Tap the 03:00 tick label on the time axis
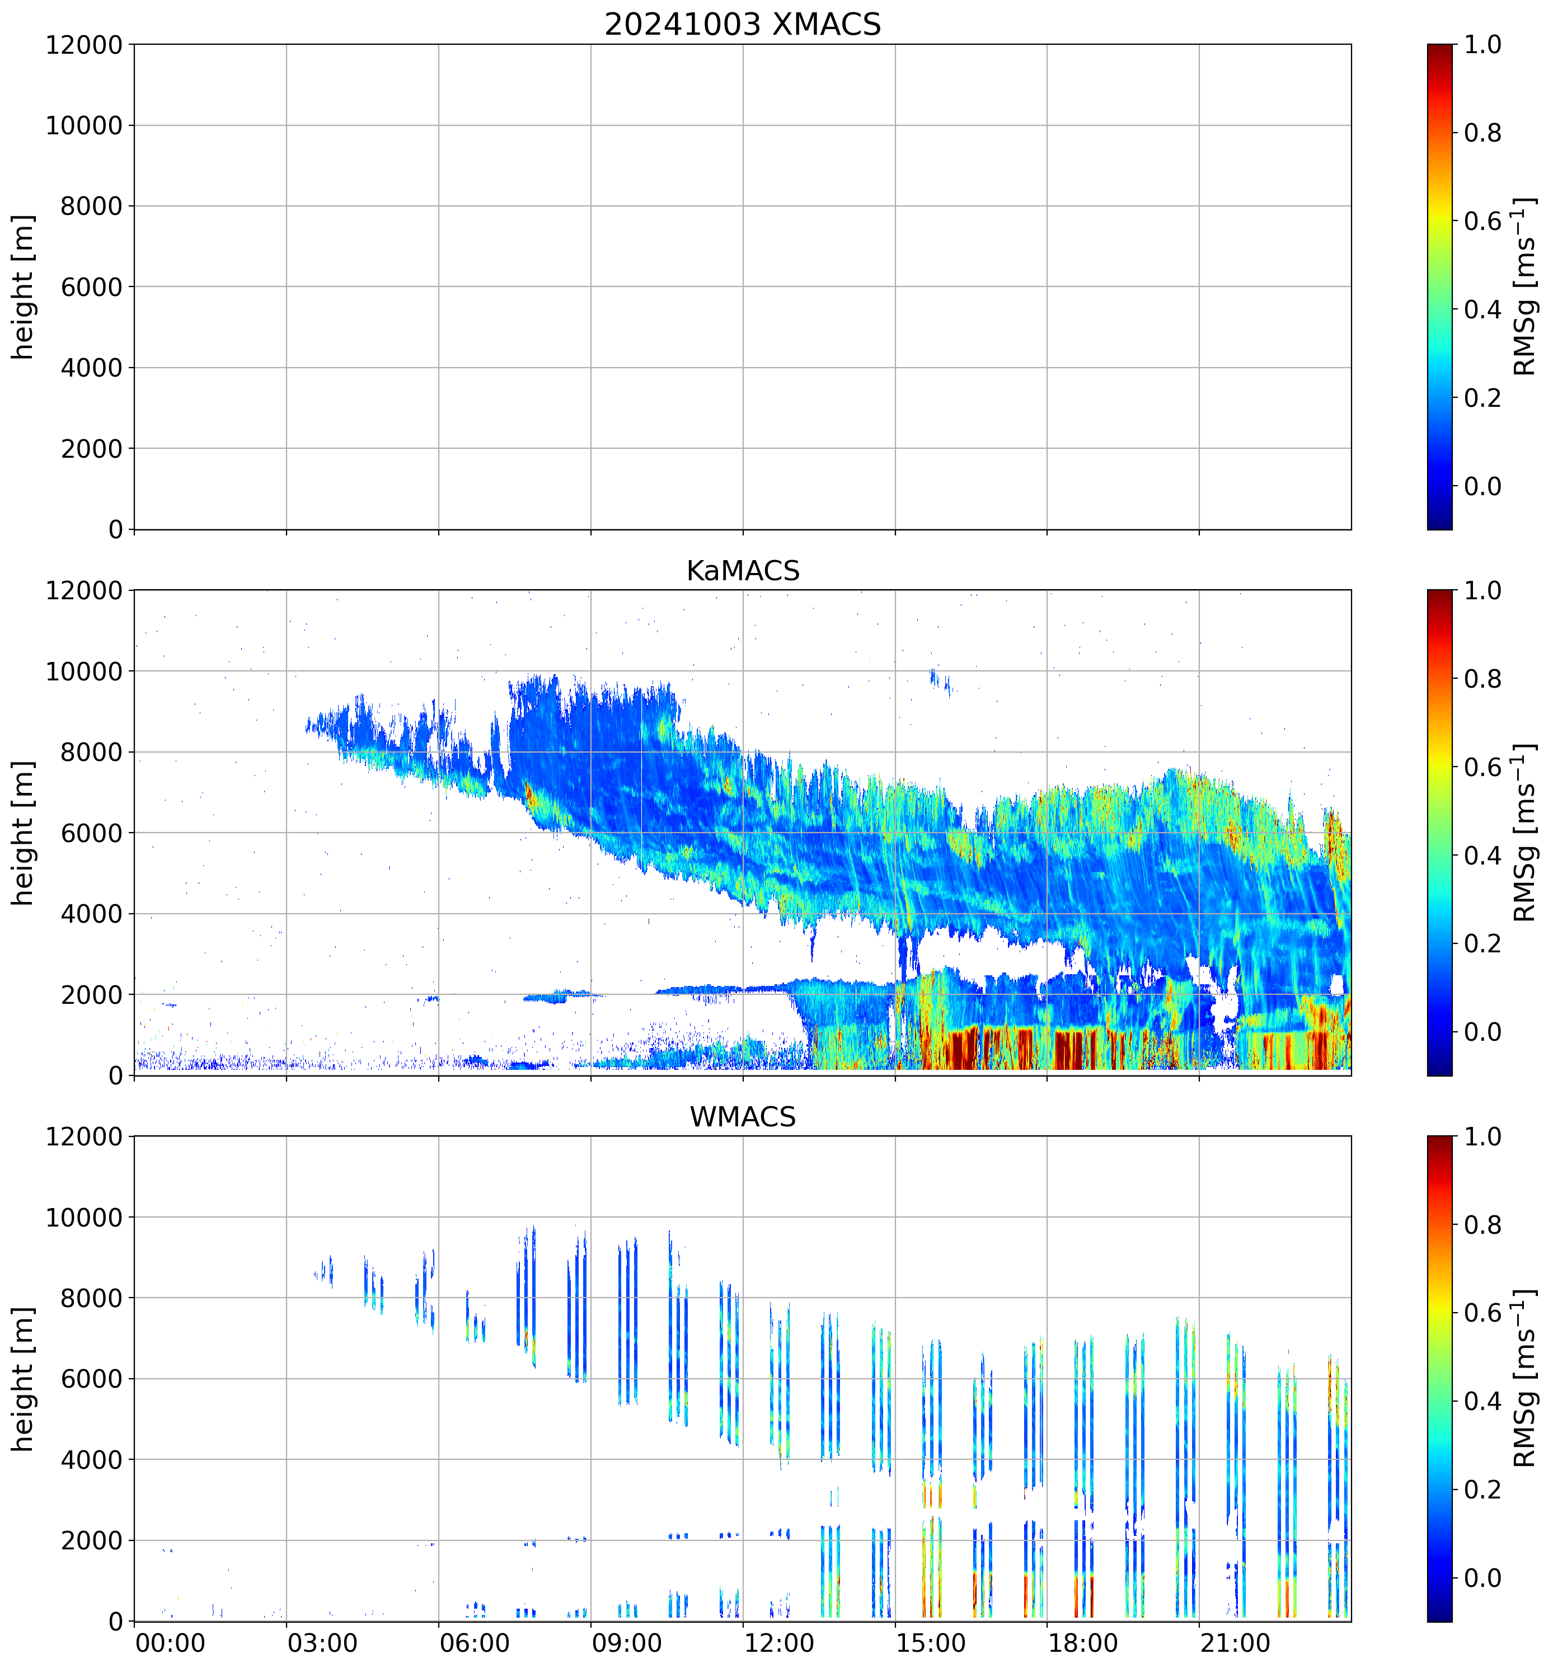[x=322, y=1643]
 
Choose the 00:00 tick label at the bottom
[x=170, y=1643]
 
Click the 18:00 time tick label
[x=1082, y=1643]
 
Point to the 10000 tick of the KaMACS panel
[x=84, y=671]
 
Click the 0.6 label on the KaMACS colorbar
[x=1482, y=768]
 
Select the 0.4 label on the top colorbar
[x=1482, y=309]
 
